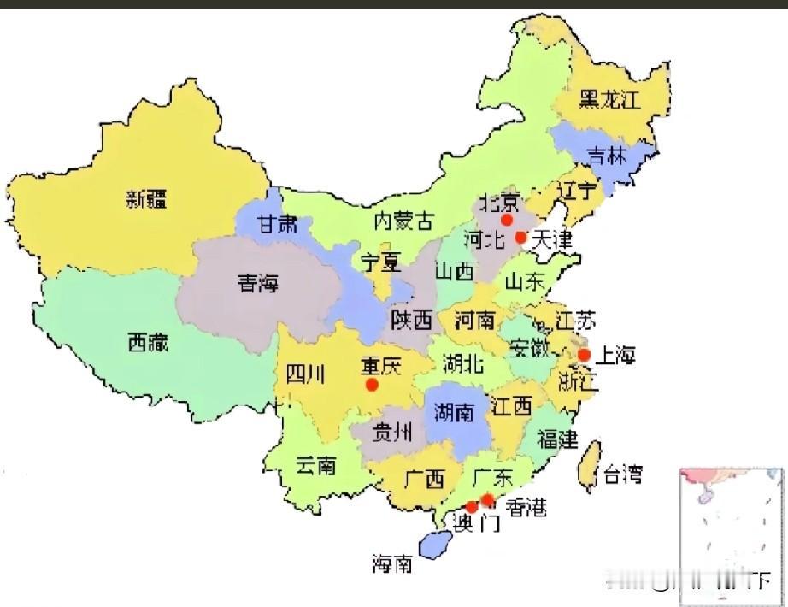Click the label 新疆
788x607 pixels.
pos(146,200)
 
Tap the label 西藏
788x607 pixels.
pos(148,344)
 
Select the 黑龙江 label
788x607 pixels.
pos(609,99)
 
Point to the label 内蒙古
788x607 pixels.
pos(403,221)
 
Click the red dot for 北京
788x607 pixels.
pos(507,220)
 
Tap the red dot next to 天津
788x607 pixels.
pos(520,236)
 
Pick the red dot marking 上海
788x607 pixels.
pos(585,355)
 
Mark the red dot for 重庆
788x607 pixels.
pos(372,385)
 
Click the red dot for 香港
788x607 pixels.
pos(487,499)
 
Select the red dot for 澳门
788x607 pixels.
pos(471,507)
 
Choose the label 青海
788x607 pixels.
pos(259,285)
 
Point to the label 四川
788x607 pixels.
pos(304,374)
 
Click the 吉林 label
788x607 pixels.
pos(607,156)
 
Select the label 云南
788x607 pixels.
pos(315,466)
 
